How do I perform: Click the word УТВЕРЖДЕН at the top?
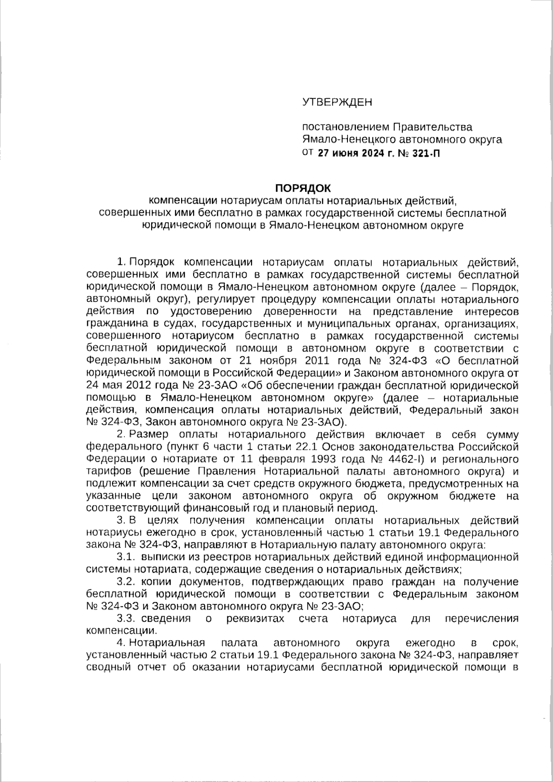pos(337,102)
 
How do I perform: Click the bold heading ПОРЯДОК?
pos(303,188)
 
